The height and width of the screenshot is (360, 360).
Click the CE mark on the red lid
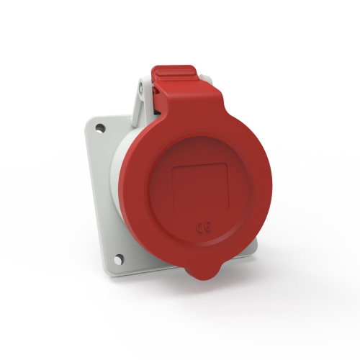(x=204, y=227)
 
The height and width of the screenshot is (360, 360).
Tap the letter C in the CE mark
(x=199, y=226)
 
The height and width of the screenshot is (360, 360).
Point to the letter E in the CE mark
(x=207, y=227)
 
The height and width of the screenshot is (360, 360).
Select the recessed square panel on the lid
(x=199, y=189)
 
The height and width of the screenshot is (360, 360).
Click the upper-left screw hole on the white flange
(x=100, y=127)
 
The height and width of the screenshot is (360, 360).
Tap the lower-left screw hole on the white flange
(x=119, y=260)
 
